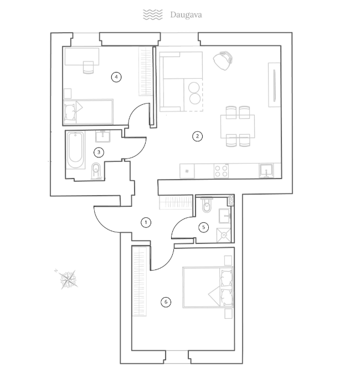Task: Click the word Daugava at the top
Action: pyautogui.click(x=186, y=15)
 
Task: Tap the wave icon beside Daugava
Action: pyautogui.click(x=153, y=15)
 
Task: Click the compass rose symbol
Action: pyautogui.click(x=68, y=279)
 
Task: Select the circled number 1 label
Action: pyautogui.click(x=146, y=222)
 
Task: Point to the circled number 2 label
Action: pyautogui.click(x=197, y=136)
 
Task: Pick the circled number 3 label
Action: pyautogui.click(x=99, y=152)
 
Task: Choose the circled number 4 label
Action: pyautogui.click(x=116, y=77)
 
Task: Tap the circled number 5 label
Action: pyautogui.click(x=204, y=227)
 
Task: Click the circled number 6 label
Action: pyautogui.click(x=166, y=302)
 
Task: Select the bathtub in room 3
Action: pyautogui.click(x=75, y=150)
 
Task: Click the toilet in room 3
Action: pyautogui.click(x=96, y=171)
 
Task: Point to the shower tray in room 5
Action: pyautogui.click(x=224, y=235)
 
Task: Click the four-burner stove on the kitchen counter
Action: pyautogui.click(x=221, y=171)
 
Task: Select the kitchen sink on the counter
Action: pyautogui.click(x=266, y=171)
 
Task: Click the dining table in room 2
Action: pyautogui.click(x=238, y=126)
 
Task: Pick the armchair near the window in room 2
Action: pyautogui.click(x=223, y=61)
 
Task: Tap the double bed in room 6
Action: pyautogui.click(x=208, y=287)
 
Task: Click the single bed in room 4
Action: pyautogui.click(x=88, y=112)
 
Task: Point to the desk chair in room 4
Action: pyautogui.click(x=88, y=67)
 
